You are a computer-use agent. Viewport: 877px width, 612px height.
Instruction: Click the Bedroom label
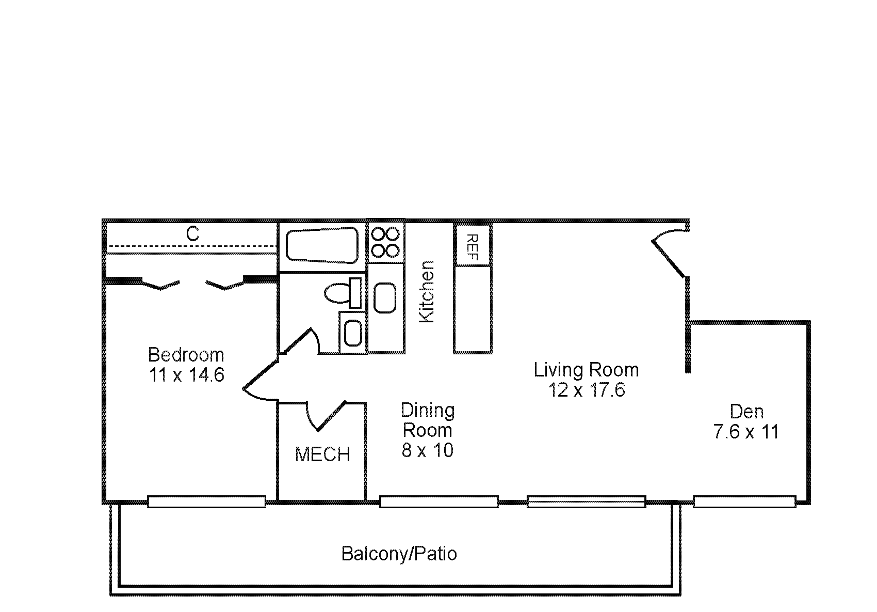(186, 355)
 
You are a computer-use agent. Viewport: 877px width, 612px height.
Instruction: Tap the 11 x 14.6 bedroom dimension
(186, 374)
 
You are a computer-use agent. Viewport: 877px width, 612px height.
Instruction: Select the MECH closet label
(322, 454)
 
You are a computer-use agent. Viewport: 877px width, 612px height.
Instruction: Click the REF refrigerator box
(473, 246)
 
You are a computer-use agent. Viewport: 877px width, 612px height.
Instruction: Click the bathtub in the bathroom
(322, 245)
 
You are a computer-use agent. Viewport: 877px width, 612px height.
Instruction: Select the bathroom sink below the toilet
(353, 333)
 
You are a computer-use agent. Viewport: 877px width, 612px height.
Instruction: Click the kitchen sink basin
(385, 297)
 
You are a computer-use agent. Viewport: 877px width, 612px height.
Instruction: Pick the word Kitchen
(427, 292)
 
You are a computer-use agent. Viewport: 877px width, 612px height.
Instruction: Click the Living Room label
(586, 370)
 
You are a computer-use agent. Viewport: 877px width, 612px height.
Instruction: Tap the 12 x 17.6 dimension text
(586, 390)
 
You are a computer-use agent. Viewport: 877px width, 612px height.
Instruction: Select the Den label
(746, 412)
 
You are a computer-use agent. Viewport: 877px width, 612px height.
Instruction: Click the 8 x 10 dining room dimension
(427, 450)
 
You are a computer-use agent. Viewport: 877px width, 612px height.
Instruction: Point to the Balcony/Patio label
(399, 554)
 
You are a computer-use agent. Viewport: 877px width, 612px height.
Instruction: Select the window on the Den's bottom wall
(744, 501)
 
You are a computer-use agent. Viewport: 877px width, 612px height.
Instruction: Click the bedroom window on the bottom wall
(206, 501)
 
